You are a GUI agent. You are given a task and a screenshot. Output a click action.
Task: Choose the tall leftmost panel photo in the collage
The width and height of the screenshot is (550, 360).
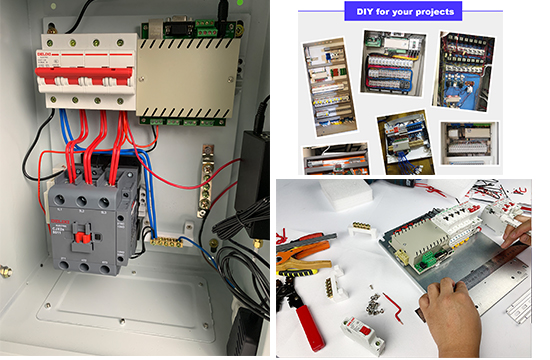(x=327, y=88)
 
